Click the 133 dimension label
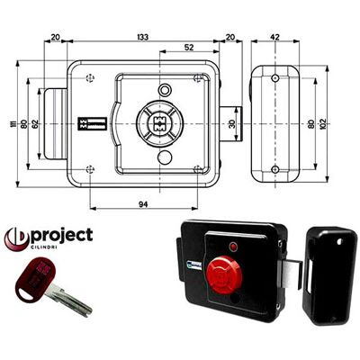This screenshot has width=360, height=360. coord(143,37)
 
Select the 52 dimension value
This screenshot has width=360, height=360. coord(189,47)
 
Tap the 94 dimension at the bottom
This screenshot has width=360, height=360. coord(143,204)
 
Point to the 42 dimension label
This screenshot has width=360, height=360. coord(274,37)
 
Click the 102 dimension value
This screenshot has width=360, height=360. coord(323,124)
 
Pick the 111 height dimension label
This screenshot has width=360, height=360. coord(13,124)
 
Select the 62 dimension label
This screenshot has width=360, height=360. coord(35,124)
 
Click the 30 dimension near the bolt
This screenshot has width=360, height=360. coord(232,124)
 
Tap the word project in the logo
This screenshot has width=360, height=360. coord(62,236)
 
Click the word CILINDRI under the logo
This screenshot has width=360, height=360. coord(44,247)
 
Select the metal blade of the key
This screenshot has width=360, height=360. coord(69,301)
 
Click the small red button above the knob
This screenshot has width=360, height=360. coord(233,247)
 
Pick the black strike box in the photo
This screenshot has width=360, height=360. coord(329,276)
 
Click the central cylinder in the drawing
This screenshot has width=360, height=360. coord(159,123)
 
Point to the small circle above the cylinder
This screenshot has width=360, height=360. coord(165,89)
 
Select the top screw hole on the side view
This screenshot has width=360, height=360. coord(275,78)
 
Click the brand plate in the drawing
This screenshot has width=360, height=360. coord(93,124)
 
